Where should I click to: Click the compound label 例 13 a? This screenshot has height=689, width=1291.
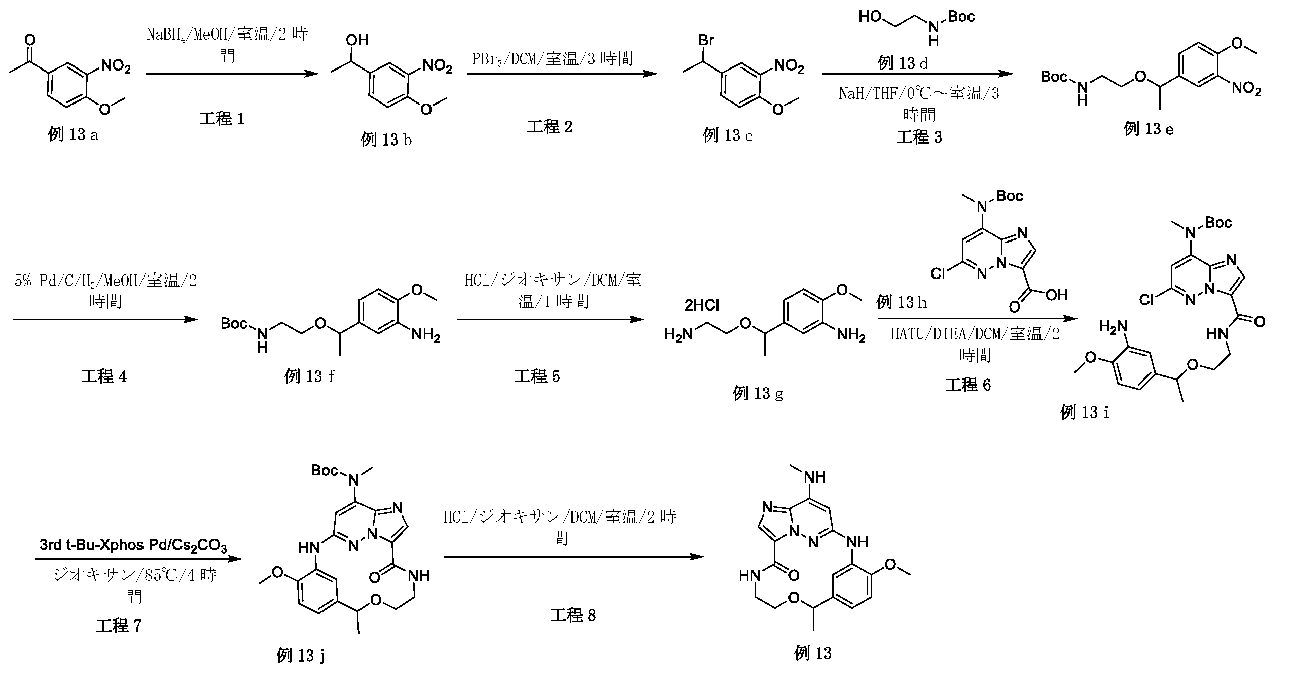coord(73,135)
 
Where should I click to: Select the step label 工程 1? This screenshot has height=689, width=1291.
coord(222,119)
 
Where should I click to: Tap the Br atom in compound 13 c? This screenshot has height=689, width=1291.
coord(706,41)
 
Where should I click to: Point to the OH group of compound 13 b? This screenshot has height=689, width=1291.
coord(357,40)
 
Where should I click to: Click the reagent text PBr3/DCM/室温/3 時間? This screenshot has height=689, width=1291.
coord(553,59)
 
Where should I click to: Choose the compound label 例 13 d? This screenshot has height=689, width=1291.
coord(903,63)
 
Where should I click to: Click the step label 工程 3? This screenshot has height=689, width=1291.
coord(919,137)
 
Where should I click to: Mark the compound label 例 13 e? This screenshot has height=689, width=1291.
coord(1149,129)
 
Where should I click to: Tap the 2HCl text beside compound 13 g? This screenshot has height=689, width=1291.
coord(702,305)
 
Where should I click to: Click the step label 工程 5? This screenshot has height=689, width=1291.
coord(537,376)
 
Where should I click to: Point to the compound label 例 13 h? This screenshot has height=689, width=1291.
coord(902,303)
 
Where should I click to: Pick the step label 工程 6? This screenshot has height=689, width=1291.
coord(968,385)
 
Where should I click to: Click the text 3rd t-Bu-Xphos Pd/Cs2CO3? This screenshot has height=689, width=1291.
coord(133,546)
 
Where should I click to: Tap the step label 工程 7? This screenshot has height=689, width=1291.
coord(119,626)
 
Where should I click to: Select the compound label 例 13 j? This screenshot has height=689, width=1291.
coord(301,656)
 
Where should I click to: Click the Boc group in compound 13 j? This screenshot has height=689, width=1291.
coord(325,471)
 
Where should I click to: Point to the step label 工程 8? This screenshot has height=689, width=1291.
coord(573,615)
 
